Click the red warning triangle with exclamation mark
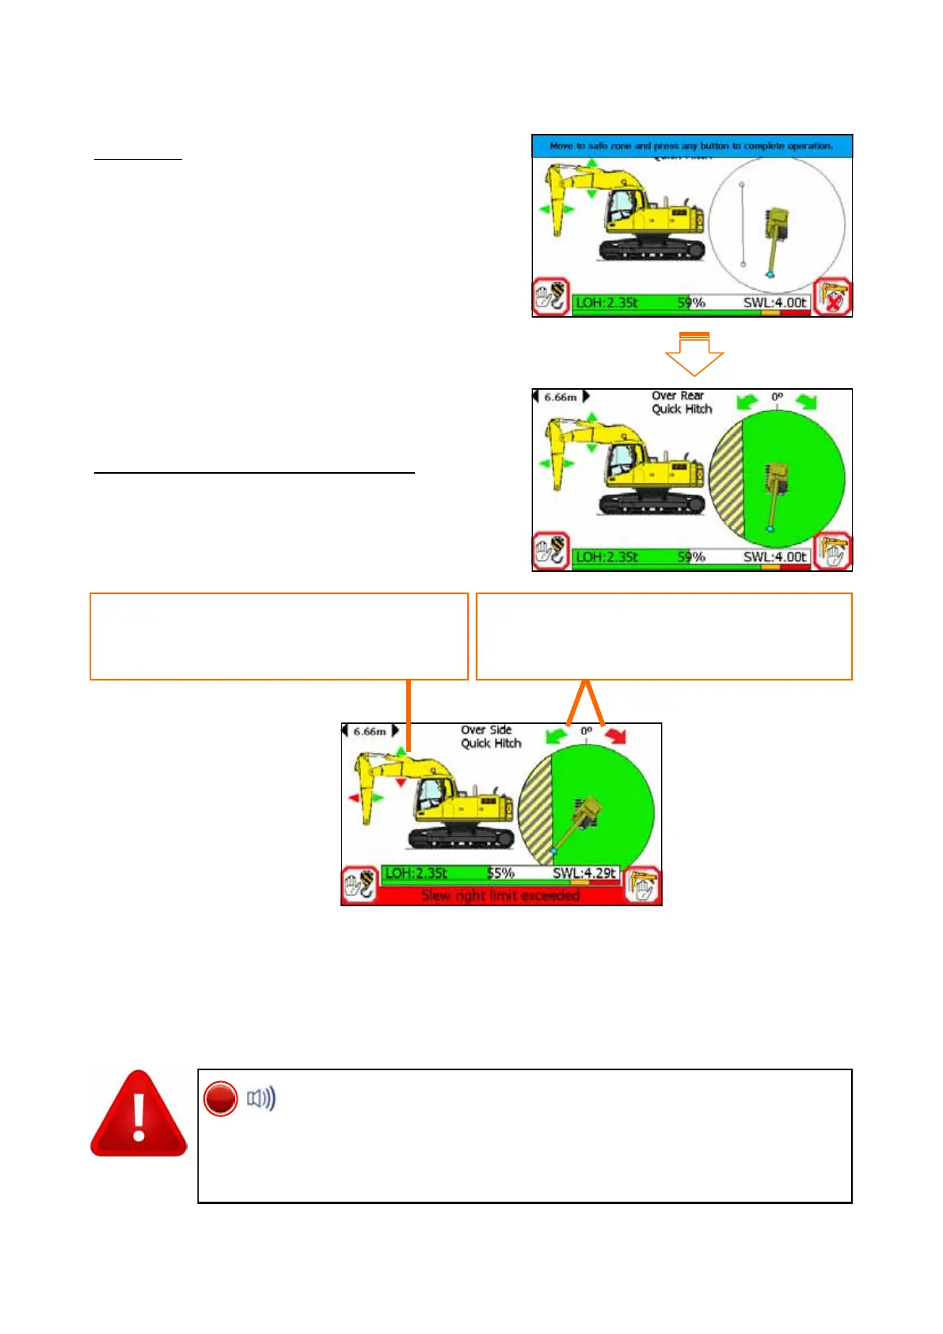point(139,1115)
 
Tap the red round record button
point(220,1099)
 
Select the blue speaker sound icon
point(261,1099)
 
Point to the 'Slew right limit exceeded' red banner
point(500,895)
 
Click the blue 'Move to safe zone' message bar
point(691,146)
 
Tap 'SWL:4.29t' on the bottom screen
point(584,873)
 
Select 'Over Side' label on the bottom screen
point(486,730)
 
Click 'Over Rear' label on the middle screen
point(678,395)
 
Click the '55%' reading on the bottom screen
point(500,873)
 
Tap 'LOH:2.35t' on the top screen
point(606,302)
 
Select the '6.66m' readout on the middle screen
point(561,397)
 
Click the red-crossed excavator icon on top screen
point(833,297)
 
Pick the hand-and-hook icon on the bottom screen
point(360,885)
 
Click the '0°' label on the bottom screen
point(586,730)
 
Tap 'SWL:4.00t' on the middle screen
point(774,557)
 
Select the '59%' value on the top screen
point(691,302)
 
